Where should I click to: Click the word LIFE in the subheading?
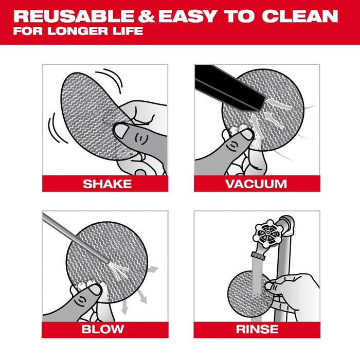(x=128, y=31)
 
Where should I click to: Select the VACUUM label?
(x=256, y=184)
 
